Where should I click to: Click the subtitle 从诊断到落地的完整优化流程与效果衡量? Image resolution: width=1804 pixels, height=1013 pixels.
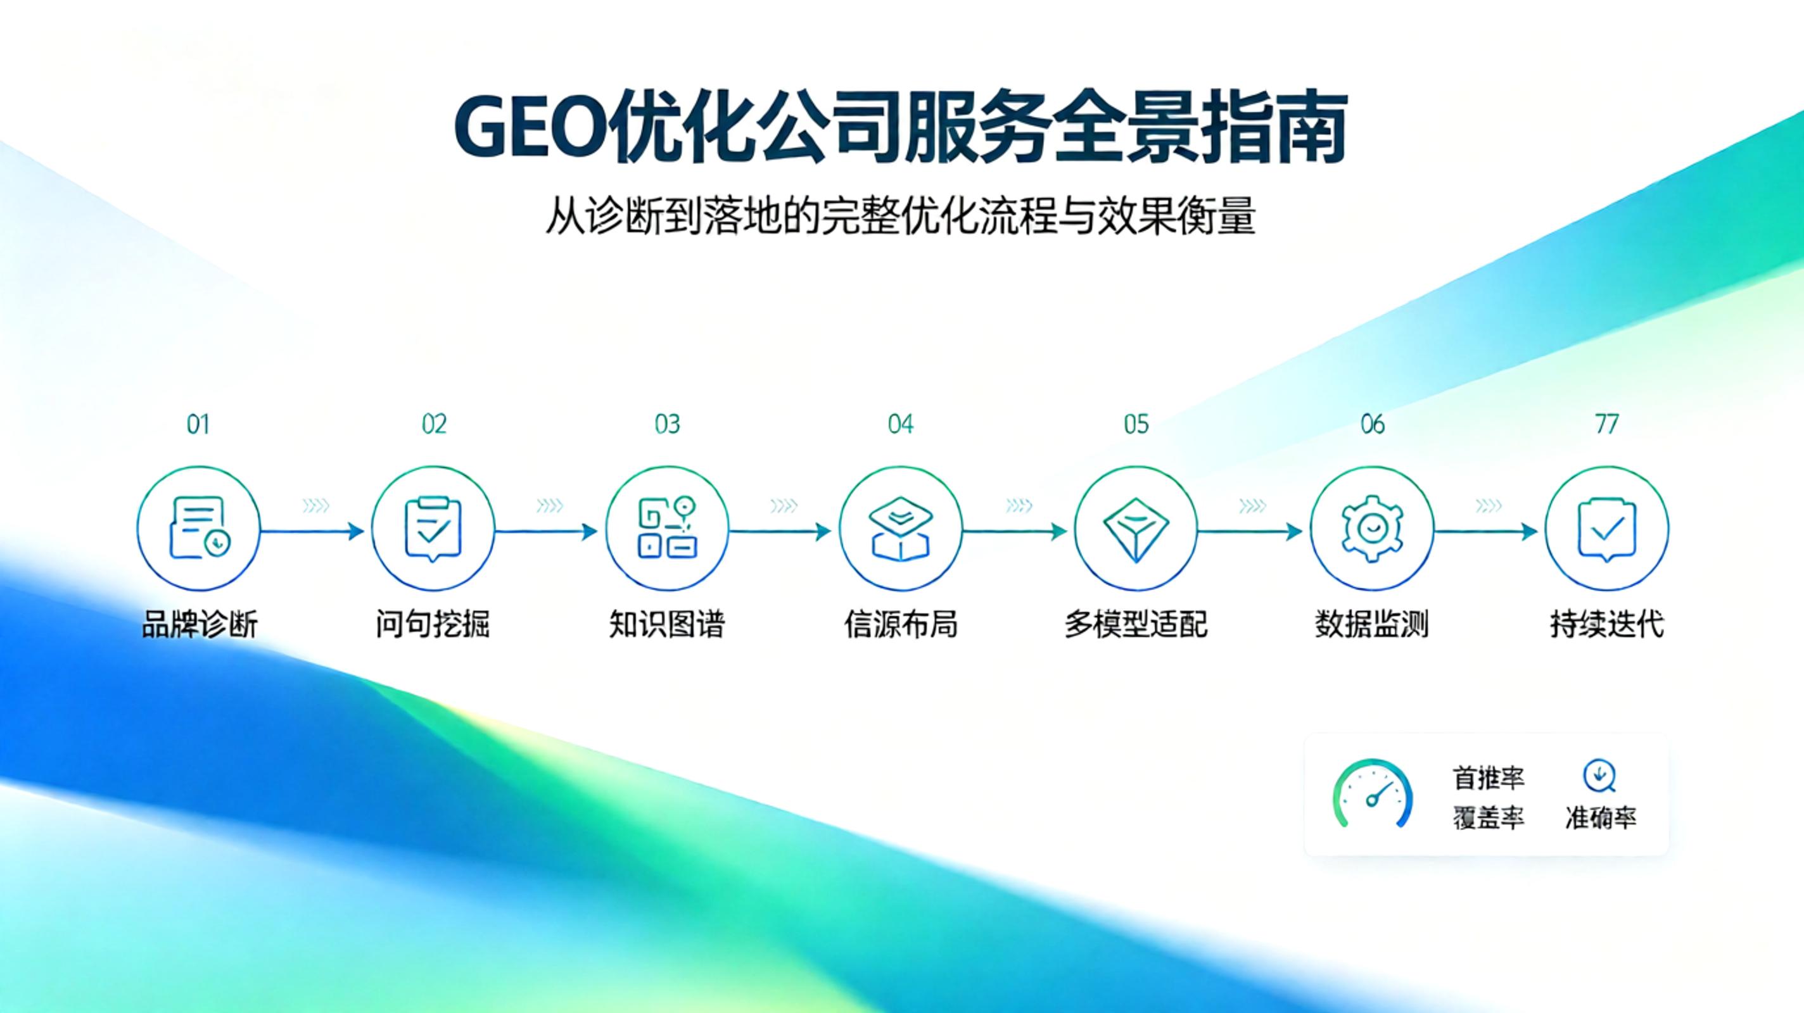901,217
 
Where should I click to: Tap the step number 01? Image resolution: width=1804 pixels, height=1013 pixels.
198,424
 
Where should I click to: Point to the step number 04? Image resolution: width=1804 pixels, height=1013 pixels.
901,424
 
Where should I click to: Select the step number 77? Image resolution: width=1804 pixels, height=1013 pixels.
1606,424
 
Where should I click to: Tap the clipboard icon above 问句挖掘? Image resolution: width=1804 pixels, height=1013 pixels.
433,529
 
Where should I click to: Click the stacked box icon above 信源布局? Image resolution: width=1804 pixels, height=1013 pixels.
901,529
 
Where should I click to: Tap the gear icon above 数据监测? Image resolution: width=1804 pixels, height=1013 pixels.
1371,529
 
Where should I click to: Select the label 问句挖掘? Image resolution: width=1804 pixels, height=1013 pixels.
433,624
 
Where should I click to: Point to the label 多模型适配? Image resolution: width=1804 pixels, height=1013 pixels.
1136,624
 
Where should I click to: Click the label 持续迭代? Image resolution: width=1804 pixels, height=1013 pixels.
1606,624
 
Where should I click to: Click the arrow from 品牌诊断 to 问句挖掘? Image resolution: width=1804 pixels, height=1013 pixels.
312,531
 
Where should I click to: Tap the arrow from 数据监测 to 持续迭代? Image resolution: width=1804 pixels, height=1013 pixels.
1485,531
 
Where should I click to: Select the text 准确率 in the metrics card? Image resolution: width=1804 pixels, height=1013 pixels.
1601,817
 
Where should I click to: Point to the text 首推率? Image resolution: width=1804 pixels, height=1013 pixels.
1488,777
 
